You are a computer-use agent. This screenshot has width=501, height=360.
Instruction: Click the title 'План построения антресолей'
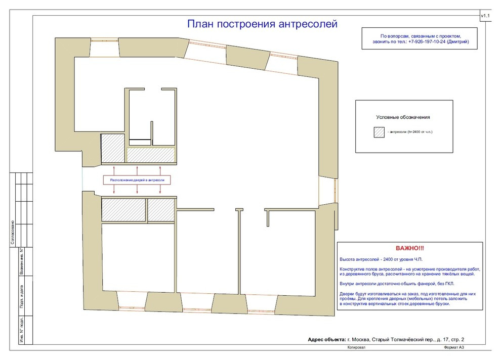tap(262, 24)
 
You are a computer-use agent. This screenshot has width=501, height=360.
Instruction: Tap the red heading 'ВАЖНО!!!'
tap(410, 248)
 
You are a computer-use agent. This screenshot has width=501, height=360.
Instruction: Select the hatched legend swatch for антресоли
tap(379, 132)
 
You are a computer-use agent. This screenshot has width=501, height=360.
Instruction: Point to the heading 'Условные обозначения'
tap(403, 117)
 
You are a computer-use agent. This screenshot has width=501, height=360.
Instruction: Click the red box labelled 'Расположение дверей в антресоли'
tap(137, 180)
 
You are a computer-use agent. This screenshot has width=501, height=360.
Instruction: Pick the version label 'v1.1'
tap(485, 17)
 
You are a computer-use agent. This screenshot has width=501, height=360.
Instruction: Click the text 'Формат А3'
tap(453, 349)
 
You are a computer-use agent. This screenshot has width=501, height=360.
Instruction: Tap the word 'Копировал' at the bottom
tap(356, 349)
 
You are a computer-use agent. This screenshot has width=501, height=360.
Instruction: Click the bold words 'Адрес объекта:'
tap(327, 339)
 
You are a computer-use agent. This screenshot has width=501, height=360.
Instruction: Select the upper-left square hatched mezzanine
tap(113, 148)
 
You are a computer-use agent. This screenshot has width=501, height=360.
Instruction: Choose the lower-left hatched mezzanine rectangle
tap(124, 210)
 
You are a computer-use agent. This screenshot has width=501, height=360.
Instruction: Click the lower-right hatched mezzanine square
tap(161, 210)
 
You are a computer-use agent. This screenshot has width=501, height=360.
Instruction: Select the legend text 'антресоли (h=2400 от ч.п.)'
tap(411, 132)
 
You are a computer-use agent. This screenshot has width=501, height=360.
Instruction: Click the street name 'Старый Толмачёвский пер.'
tap(402, 339)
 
